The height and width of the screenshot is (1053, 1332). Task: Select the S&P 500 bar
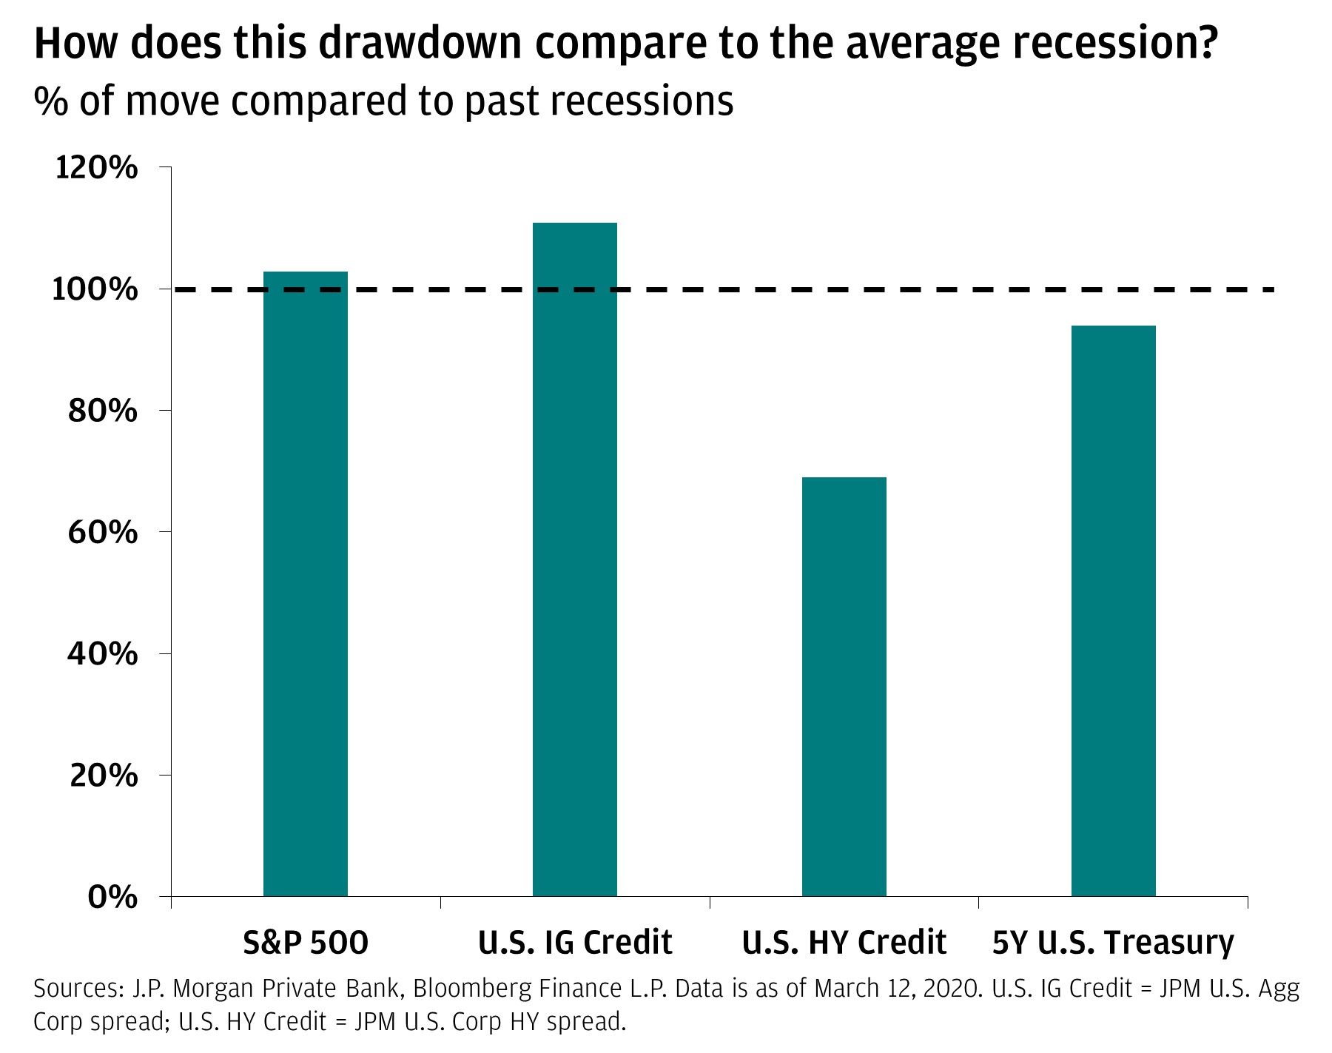[306, 584]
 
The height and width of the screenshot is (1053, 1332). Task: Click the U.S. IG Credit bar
[575, 559]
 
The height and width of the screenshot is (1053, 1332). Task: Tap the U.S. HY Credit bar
[844, 687]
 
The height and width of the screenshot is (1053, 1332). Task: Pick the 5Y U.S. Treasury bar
[1114, 611]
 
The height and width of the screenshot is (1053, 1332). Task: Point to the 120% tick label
[96, 168]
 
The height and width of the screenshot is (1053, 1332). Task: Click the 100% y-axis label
[96, 289]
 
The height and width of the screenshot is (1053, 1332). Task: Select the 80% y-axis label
[103, 411]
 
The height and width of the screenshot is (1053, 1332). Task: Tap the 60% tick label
[103, 532]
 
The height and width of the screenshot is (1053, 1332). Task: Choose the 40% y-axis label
[103, 653]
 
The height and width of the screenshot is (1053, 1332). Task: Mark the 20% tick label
[103, 776]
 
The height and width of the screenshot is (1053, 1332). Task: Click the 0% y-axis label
[112, 897]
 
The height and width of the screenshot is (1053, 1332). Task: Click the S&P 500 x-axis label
[306, 943]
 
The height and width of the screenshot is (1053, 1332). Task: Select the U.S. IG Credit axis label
[575, 943]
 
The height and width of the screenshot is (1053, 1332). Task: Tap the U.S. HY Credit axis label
[844, 943]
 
